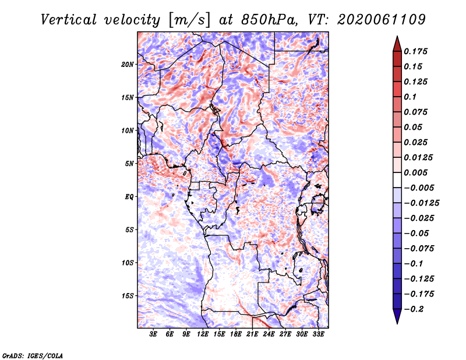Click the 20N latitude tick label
point(128,65)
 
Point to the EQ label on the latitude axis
point(129,197)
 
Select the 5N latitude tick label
point(129,164)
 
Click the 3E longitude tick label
point(153,334)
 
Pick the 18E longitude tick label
point(236,334)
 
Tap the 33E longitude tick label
point(318,334)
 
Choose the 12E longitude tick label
point(203,334)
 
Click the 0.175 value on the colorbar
point(415,51)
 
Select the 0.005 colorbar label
point(415,172)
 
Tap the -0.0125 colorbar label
point(421,203)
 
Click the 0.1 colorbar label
point(410,97)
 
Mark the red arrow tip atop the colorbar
point(397,36)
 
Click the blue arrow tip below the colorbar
point(397,323)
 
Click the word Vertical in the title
point(69,20)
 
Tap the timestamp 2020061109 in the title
point(382,20)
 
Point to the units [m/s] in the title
point(189,20)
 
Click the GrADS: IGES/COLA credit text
point(33,356)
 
